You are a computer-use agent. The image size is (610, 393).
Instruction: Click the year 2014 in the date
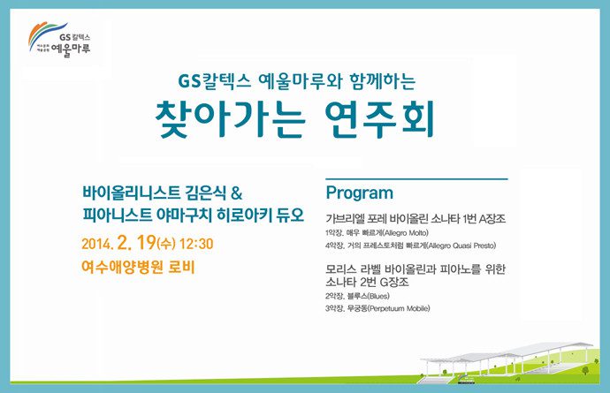point(97,242)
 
